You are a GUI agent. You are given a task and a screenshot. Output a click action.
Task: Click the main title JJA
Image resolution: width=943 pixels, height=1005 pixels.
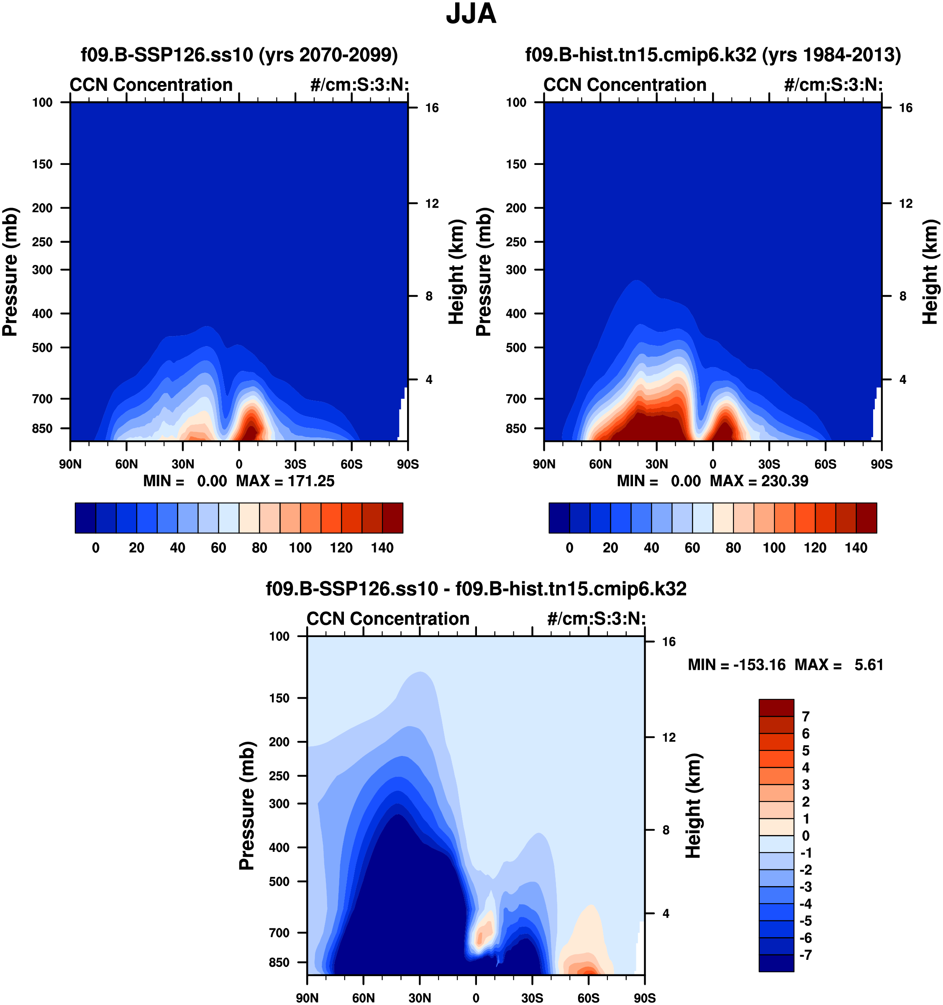pyautogui.click(x=471, y=14)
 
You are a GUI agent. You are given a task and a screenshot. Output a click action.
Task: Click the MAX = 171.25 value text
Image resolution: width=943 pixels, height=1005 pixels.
pyautogui.click(x=285, y=481)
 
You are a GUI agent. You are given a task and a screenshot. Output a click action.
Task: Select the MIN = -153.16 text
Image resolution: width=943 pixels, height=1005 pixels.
pyautogui.click(x=737, y=665)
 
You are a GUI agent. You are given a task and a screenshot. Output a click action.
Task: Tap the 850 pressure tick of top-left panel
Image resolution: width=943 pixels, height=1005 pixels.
pyautogui.click(x=42, y=429)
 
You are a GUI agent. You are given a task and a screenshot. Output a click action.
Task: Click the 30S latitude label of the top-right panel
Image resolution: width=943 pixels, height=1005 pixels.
pyautogui.click(x=769, y=464)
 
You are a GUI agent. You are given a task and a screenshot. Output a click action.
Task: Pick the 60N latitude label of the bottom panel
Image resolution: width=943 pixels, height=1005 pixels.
pyautogui.click(x=364, y=998)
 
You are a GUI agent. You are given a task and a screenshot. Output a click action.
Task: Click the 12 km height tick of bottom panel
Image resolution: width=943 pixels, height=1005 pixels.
pyautogui.click(x=669, y=738)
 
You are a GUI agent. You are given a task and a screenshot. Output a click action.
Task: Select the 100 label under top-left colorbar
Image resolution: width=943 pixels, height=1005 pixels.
pyautogui.click(x=300, y=548)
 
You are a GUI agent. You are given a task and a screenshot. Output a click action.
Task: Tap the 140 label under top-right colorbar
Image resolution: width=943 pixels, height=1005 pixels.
pyautogui.click(x=856, y=548)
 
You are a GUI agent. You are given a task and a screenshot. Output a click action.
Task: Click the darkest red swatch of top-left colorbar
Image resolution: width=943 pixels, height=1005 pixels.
pyautogui.click(x=393, y=518)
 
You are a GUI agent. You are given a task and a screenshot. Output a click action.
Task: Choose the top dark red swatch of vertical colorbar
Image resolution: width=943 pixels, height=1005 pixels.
pyautogui.click(x=776, y=708)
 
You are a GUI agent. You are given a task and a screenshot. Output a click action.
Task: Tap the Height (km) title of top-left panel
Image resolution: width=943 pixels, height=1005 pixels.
pyautogui.click(x=456, y=272)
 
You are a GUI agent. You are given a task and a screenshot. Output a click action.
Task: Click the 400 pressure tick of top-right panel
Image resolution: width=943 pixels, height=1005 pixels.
pyautogui.click(x=516, y=314)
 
